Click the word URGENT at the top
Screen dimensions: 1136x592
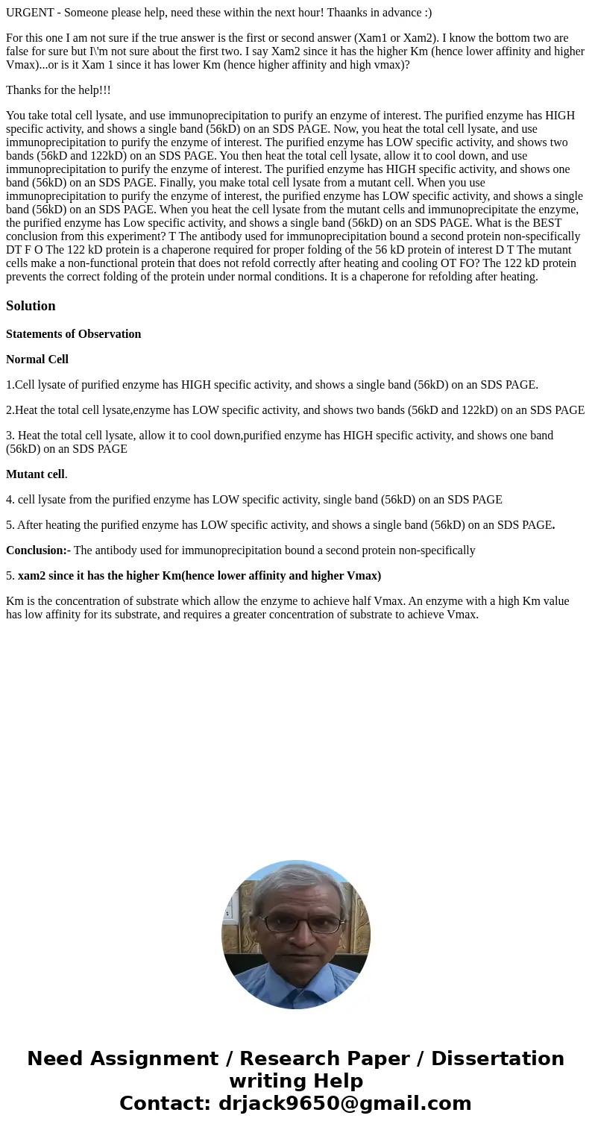click(32, 13)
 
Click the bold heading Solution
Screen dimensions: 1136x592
click(31, 306)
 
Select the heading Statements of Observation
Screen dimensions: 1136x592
click(73, 334)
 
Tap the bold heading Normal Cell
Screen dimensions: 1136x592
click(37, 360)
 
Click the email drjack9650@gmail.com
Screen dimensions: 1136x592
click(344, 1104)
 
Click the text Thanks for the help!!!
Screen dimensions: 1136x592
click(58, 90)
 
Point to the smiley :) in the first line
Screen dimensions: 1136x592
click(426, 13)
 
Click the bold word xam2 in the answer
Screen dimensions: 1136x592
click(31, 576)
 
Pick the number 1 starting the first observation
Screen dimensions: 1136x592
click(9, 385)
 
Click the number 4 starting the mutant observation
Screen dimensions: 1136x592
click(9, 500)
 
